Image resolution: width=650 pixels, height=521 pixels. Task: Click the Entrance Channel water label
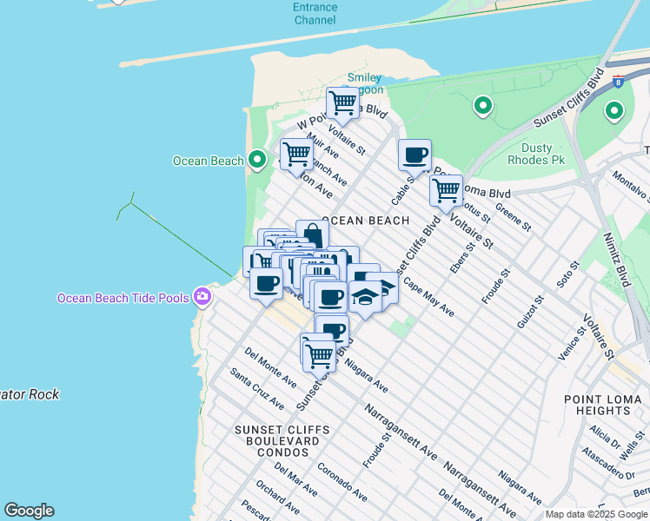(315, 13)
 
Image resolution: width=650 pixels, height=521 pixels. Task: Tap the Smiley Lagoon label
(364, 83)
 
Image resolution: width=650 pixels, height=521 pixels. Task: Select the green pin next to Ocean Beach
(257, 160)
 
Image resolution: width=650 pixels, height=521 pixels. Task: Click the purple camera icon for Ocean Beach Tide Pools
(202, 298)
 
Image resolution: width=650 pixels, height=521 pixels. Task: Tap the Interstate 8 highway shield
(618, 82)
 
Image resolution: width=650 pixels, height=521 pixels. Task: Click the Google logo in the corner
(29, 511)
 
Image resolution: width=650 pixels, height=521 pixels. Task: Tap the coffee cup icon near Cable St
(415, 155)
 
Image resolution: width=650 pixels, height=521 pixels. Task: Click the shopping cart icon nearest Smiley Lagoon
(342, 102)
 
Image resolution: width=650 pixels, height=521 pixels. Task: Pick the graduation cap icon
(366, 296)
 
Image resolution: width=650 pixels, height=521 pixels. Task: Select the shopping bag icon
(313, 235)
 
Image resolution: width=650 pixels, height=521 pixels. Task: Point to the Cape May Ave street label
(428, 296)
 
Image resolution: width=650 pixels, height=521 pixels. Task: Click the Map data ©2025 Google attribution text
(596, 514)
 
